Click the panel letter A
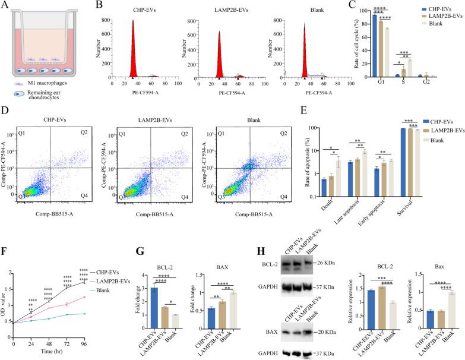point(6,6)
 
